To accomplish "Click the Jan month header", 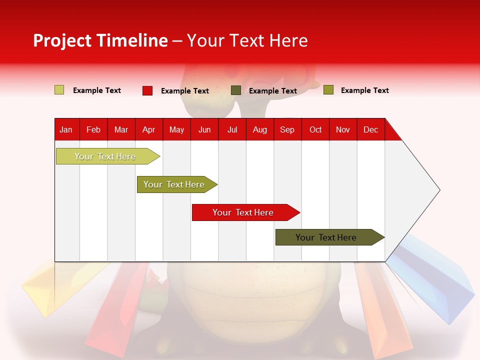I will coord(66,129).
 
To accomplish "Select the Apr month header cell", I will coord(149,129).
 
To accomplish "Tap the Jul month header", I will coord(232,129).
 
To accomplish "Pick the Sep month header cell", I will coord(287,129).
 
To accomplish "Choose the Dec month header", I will coord(371,129).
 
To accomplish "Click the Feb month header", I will coord(93,129).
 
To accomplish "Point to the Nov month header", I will coord(343,129).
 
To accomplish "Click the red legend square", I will coord(147,90).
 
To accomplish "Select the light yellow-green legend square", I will coord(59,90).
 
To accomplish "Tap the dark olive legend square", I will coord(236,90).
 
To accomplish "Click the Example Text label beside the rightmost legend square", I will coord(364,90).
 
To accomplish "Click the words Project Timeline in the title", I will coord(100,40).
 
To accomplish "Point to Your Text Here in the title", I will coord(247,40).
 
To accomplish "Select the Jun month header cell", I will coord(204,129).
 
